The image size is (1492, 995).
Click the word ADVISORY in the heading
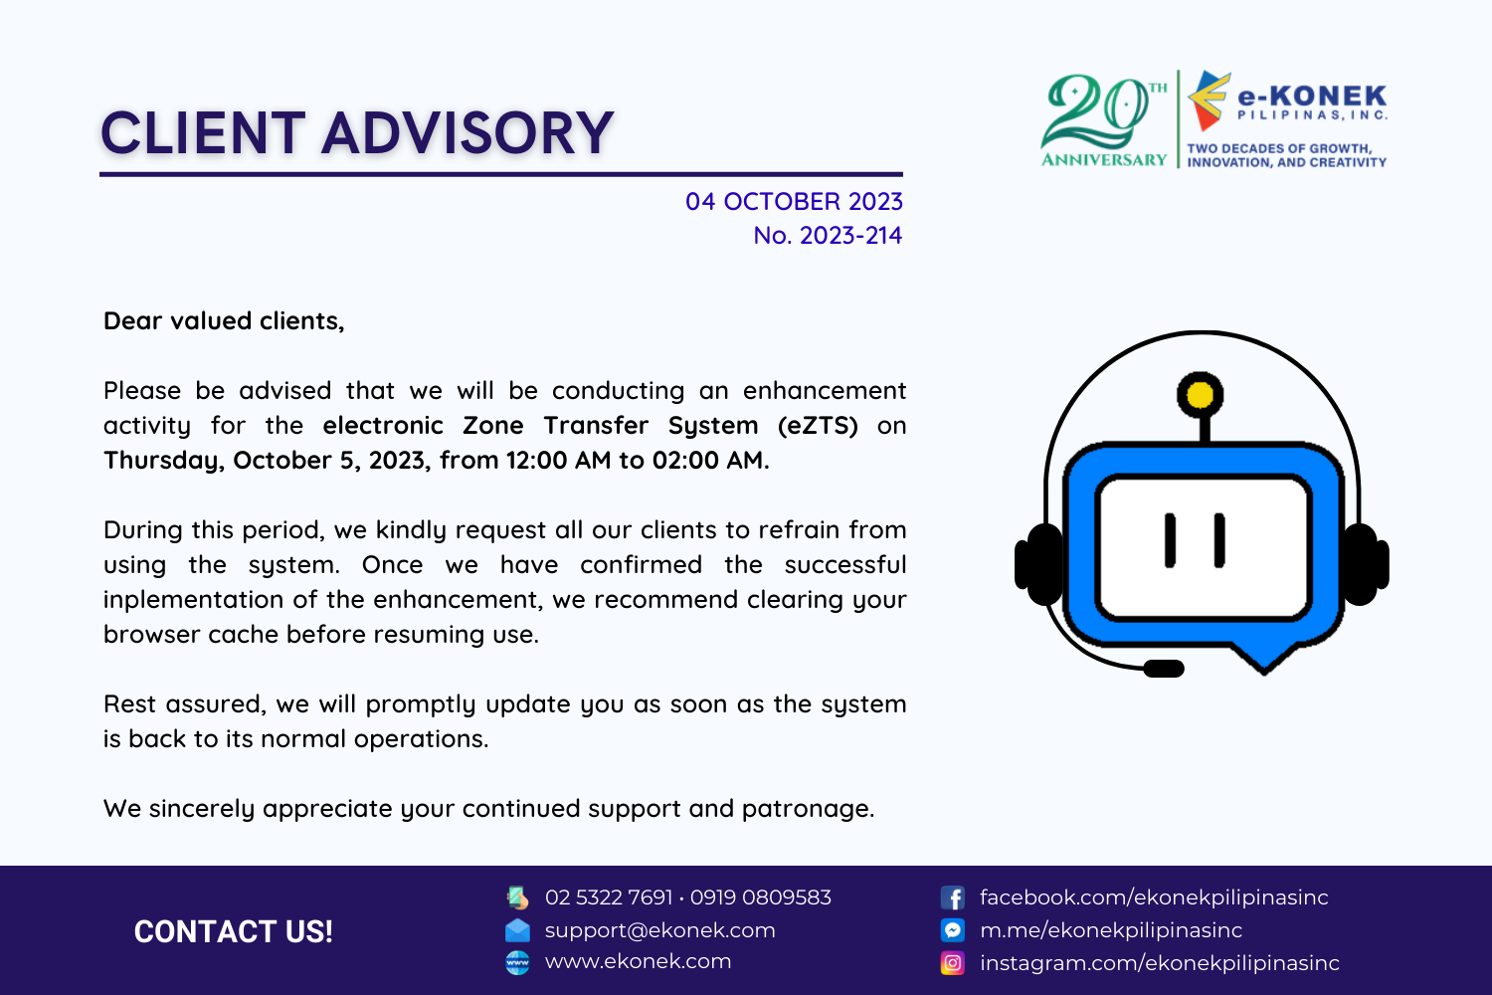[467, 133]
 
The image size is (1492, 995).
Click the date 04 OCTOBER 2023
[794, 201]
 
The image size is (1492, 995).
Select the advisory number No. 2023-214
[828, 235]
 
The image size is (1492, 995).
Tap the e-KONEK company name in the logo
[1312, 96]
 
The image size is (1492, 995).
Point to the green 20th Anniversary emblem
[1104, 120]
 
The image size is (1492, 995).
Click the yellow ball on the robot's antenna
[1200, 395]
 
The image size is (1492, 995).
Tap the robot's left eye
[1170, 540]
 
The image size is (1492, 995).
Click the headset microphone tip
[1164, 668]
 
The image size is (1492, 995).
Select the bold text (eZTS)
[818, 425]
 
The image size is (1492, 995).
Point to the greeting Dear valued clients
[224, 321]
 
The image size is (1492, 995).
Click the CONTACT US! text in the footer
[233, 931]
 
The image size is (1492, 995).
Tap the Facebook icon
[953, 897]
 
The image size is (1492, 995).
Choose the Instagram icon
[953, 963]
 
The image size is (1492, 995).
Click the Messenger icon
[953, 929]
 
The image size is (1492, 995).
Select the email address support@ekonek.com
[660, 930]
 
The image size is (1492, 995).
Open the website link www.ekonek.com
[639, 961]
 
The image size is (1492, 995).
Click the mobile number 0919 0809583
[761, 897]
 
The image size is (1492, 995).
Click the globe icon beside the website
[517, 963]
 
